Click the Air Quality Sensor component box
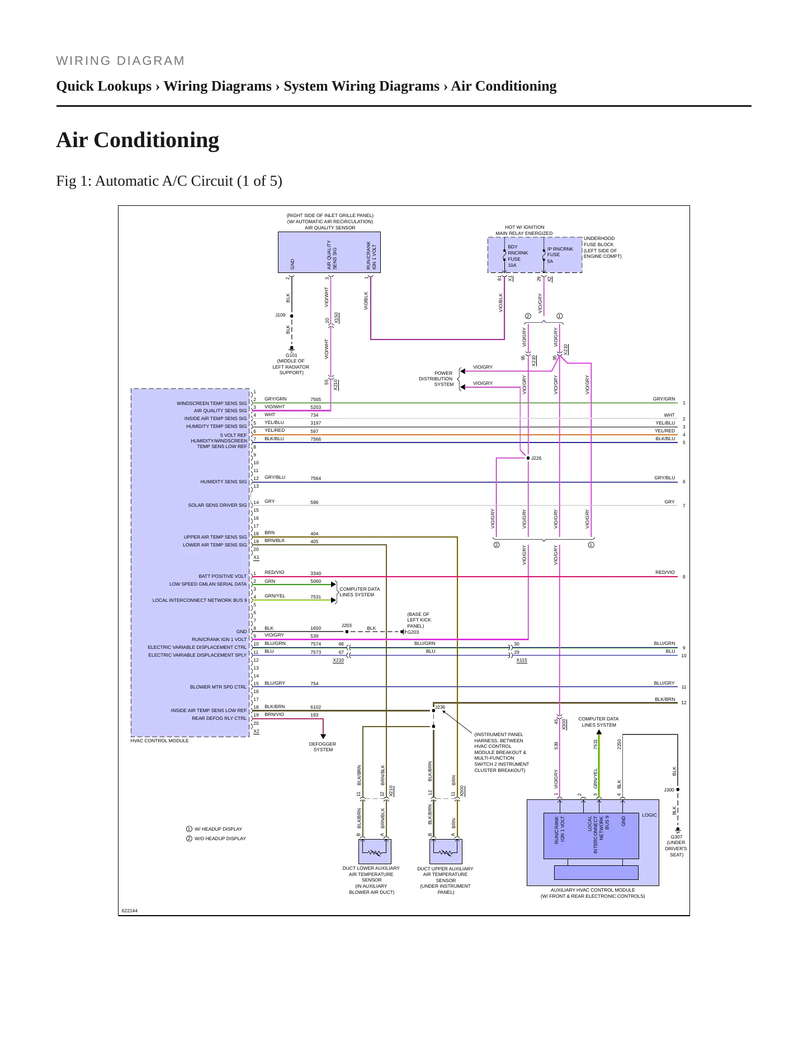point(329,252)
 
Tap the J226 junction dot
point(528,458)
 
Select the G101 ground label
point(291,355)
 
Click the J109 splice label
point(280,315)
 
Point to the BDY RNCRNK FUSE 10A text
point(517,256)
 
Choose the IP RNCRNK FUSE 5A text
point(560,255)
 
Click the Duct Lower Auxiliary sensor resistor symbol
point(375,852)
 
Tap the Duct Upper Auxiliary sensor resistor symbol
point(446,852)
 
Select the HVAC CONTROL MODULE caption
point(159,741)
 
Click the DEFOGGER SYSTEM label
point(323,747)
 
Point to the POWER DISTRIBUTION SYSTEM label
point(436,379)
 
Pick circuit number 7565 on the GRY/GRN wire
point(316,399)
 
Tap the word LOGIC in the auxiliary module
point(649,815)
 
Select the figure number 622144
point(130,911)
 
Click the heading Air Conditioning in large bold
point(138,140)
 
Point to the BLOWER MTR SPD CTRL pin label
point(218,687)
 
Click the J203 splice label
point(347,625)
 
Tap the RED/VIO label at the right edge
point(665,572)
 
